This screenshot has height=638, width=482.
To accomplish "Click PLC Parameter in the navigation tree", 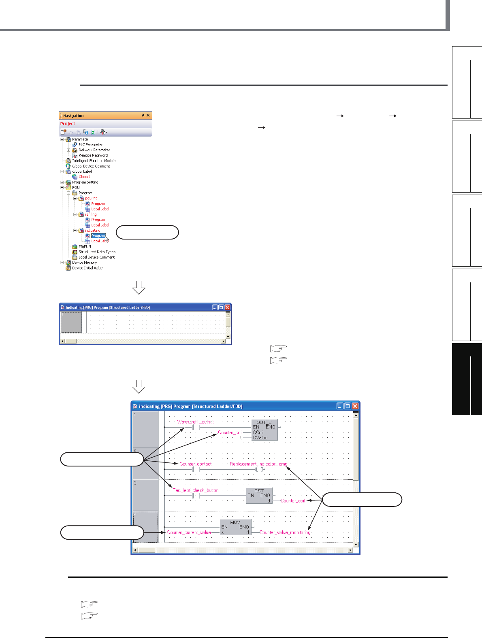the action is [90, 144].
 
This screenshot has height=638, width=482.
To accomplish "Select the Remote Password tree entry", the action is [93, 155].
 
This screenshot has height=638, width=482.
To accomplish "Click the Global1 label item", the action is [84, 177].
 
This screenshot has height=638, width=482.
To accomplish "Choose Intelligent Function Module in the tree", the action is [94, 161].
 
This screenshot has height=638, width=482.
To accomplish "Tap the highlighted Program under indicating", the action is [98, 236].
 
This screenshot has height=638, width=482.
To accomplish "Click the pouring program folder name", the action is [91, 198].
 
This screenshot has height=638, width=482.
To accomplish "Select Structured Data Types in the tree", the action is [97, 252].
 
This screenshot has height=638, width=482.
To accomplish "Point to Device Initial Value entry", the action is [87, 268].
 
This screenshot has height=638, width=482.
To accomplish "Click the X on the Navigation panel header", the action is [148, 115].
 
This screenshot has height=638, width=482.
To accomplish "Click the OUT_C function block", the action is [264, 430].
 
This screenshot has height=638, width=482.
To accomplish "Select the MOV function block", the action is [235, 527].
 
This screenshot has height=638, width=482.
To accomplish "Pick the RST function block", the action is [259, 495].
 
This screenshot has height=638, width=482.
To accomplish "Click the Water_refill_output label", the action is [195, 422].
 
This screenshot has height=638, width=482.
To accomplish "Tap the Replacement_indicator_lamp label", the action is [258, 464].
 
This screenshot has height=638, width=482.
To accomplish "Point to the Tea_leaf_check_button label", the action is [196, 490].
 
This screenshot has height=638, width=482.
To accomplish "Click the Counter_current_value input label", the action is [189, 532].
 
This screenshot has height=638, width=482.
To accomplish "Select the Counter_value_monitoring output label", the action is [285, 532].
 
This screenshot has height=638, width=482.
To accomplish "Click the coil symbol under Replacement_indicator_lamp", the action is [259, 470].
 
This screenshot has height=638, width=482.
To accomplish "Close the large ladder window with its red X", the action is [355, 406].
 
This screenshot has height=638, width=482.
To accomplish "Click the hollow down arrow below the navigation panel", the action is [139, 287].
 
